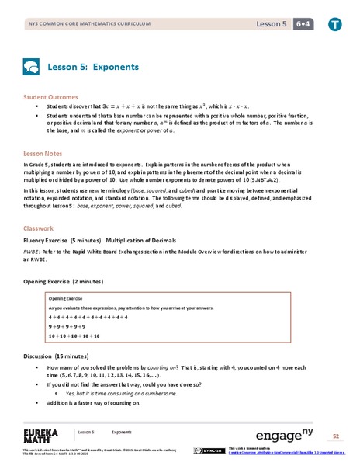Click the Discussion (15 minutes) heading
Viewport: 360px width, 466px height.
click(62, 356)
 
